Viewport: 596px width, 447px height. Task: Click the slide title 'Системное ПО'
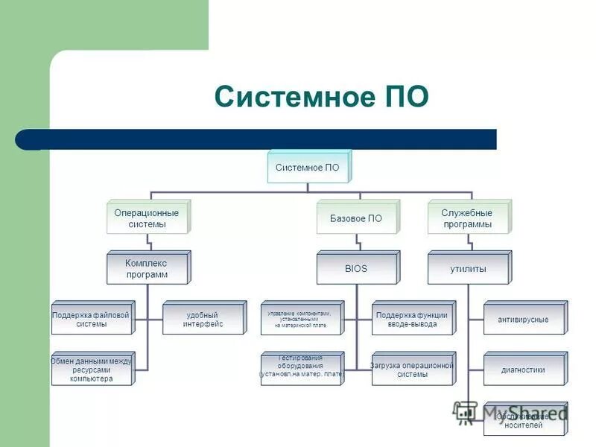tap(321, 97)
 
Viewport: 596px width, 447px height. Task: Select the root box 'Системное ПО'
tap(307, 168)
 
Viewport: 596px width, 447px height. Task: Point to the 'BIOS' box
tap(356, 269)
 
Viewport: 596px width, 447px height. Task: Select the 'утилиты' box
tap(468, 269)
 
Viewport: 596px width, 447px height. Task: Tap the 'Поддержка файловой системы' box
tap(91, 320)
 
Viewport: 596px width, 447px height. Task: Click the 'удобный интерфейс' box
tap(203, 320)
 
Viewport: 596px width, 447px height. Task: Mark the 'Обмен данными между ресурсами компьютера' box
tap(91, 370)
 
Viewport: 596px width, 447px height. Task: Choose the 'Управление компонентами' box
tap(300, 320)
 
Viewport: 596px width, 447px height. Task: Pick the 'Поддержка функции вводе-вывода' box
tap(412, 320)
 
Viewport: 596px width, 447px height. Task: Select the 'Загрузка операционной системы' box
tap(412, 370)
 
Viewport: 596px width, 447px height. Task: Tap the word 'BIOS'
tap(356, 269)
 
